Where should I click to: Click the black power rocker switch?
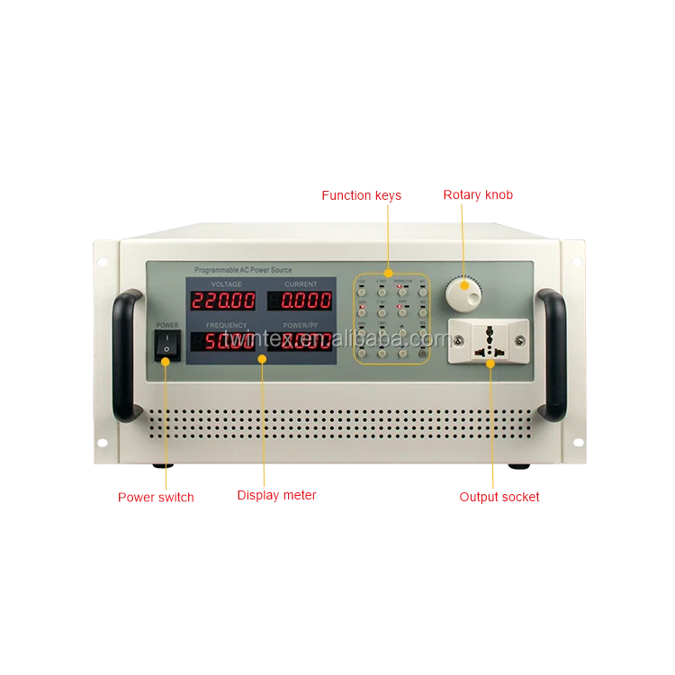coord(164,345)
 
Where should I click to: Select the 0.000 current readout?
coord(301,301)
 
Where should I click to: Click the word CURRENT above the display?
coord(301,284)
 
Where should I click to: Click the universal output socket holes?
coord(490,339)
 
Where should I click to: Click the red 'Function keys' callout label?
coord(376,194)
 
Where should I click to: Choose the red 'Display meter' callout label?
coord(276,495)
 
